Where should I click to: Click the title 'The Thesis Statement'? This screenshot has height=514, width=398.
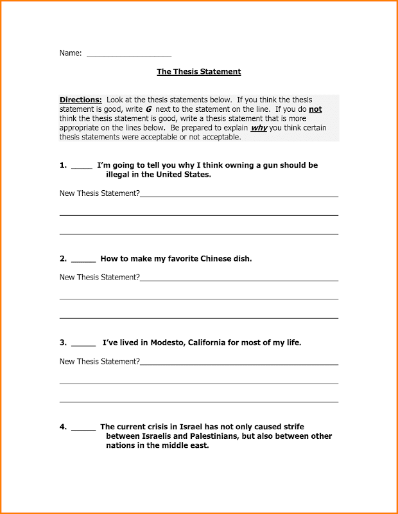tap(198, 72)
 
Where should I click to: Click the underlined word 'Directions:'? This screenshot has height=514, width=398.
tap(81, 100)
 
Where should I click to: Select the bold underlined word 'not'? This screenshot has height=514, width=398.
tap(315, 110)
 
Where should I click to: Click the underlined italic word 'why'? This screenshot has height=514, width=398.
tap(259, 128)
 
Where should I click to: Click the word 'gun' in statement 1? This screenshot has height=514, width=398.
tap(246, 165)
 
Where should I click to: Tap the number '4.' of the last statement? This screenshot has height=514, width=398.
tap(64, 427)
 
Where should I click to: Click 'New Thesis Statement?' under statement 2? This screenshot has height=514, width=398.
tap(99, 278)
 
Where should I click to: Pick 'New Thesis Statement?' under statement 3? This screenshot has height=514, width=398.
tap(99, 362)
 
